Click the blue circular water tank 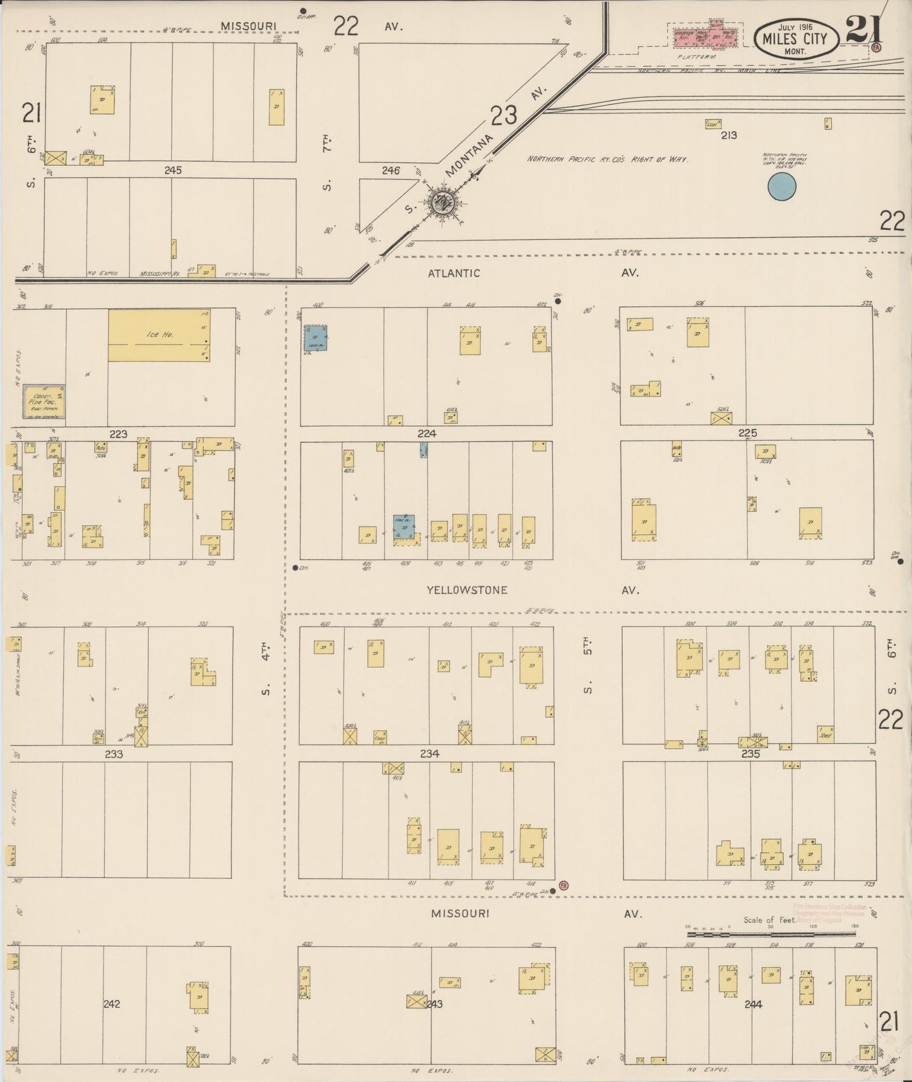[781, 187]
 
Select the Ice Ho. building [159, 335]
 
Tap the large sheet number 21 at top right [865, 30]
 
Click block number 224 [427, 433]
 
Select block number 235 [750, 754]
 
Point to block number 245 [173, 170]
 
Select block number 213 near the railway [729, 135]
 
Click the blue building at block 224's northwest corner [316, 338]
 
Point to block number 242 [112, 1004]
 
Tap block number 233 [114, 754]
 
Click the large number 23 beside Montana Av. [504, 116]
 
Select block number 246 [391, 170]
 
